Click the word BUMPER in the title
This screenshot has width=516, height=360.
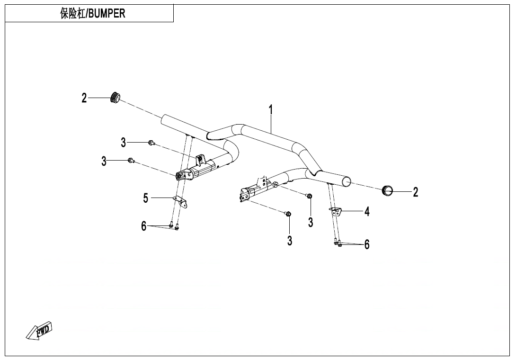[x=107, y=14]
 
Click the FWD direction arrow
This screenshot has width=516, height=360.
[x=39, y=330]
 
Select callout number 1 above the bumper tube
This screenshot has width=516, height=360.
[x=271, y=110]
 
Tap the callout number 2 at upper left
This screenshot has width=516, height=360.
[x=84, y=98]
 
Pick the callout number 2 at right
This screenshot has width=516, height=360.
[x=416, y=192]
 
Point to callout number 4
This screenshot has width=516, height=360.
[x=367, y=211]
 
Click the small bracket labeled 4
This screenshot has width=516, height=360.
[x=336, y=212]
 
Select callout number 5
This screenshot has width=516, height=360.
[x=146, y=198]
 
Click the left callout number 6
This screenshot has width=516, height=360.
[x=144, y=226]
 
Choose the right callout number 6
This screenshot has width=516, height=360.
[x=367, y=244]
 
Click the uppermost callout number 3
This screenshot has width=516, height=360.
[x=124, y=143]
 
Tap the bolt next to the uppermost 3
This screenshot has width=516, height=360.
[x=151, y=143]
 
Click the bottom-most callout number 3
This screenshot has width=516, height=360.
[x=290, y=241]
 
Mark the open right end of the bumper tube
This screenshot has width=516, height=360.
[x=346, y=181]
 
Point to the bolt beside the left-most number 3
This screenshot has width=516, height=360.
[x=131, y=161]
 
